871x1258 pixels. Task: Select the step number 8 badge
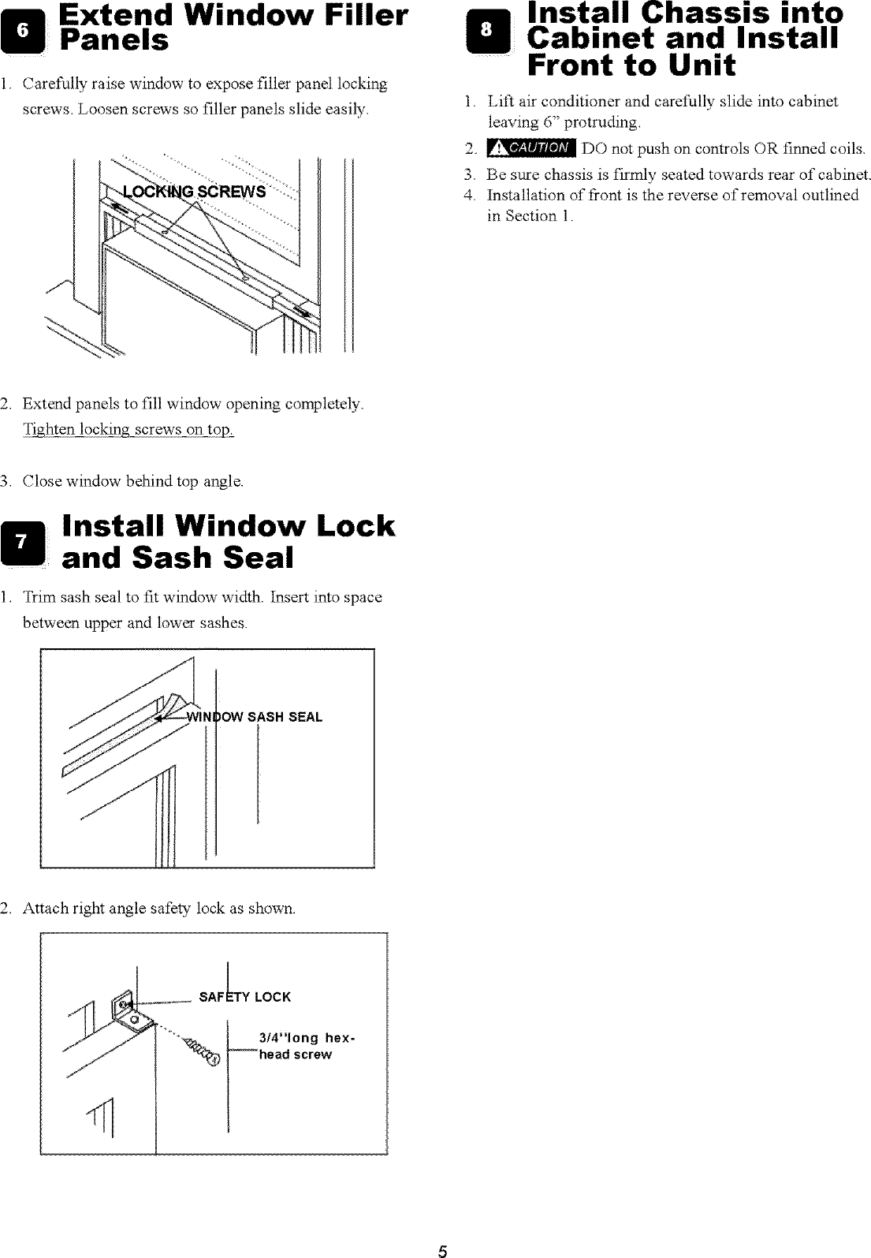point(489,29)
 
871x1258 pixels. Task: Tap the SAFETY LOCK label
point(245,997)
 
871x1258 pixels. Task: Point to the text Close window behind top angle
point(133,480)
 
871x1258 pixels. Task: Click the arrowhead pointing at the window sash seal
point(161,719)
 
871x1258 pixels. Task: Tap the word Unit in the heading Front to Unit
point(696,65)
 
